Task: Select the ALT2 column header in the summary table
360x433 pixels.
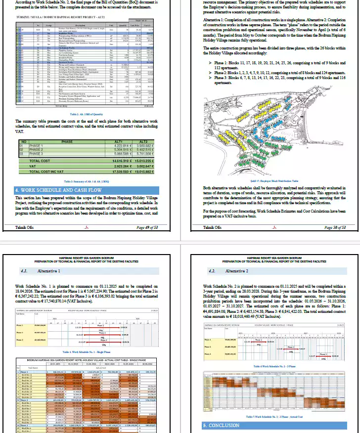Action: (x=143, y=141)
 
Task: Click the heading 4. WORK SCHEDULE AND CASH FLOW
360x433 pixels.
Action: (x=48, y=190)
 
